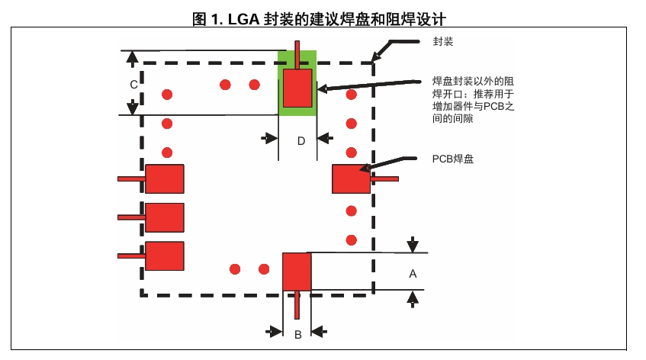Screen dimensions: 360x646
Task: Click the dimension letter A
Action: pos(413,272)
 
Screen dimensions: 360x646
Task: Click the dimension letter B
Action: pos(298,334)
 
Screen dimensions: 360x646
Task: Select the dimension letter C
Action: pos(133,85)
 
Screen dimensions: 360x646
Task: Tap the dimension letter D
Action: pos(301,141)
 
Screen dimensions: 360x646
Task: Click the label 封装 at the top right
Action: pos(443,41)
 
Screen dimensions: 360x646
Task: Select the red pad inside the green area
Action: pos(297,88)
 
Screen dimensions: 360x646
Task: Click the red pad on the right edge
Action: pos(351,179)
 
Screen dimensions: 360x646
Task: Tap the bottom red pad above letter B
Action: pos(297,271)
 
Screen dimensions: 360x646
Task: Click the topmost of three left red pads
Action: pos(165,179)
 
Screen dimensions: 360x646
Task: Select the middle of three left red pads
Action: pos(165,217)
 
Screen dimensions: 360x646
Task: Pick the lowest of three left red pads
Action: pos(165,256)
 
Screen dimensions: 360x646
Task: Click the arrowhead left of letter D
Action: pos(270,138)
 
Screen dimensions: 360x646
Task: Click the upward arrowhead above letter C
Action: pos(132,56)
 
